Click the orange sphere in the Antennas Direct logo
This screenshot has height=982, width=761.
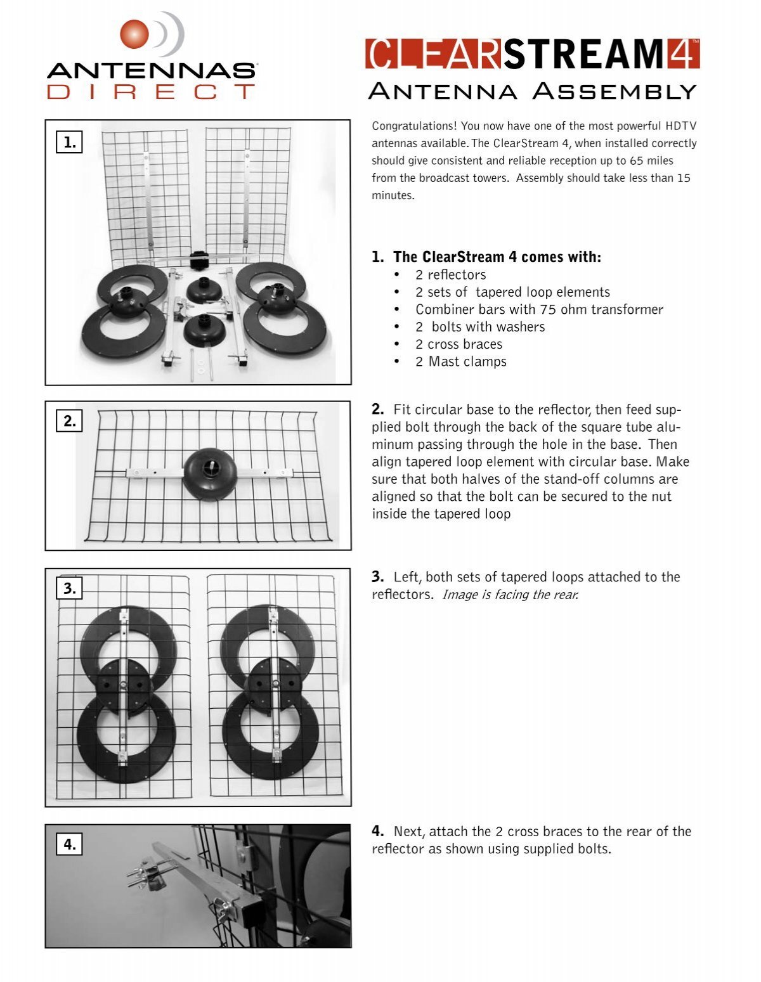tap(134, 33)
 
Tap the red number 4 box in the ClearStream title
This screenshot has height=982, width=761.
tap(684, 54)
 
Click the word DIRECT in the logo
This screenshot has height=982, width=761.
tap(151, 91)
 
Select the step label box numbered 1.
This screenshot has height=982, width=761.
tap(70, 143)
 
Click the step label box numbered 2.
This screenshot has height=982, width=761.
tap(70, 421)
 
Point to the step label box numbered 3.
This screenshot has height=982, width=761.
tap(70, 589)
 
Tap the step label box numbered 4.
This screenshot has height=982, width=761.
tap(70, 844)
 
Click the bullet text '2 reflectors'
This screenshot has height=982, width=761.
tap(450, 275)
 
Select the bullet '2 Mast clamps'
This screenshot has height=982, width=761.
tap(460, 361)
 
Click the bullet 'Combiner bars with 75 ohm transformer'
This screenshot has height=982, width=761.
tap(539, 309)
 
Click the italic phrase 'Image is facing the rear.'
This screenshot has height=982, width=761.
tap(510, 595)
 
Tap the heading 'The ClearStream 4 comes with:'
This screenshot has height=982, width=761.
tap(497, 257)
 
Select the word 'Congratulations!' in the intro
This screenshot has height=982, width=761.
tap(415, 126)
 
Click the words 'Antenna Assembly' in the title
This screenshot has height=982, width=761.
tap(532, 91)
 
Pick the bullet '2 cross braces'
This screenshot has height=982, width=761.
tap(459, 344)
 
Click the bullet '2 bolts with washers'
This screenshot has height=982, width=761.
tap(480, 327)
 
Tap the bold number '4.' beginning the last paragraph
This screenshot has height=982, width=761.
tap(378, 831)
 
